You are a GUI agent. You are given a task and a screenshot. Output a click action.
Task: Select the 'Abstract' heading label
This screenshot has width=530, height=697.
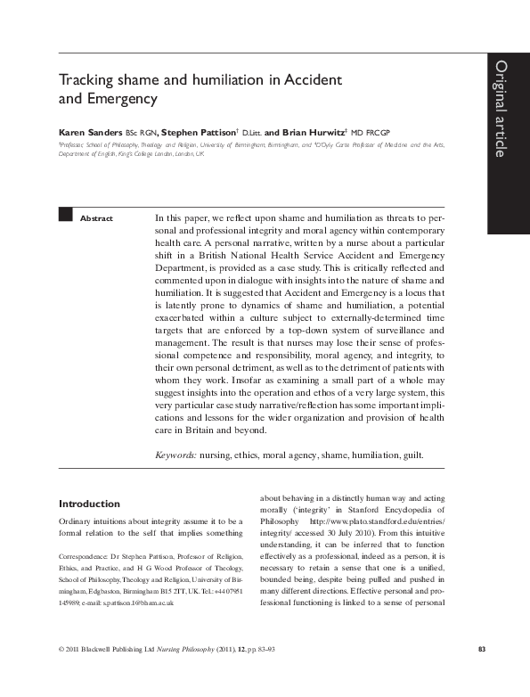96,218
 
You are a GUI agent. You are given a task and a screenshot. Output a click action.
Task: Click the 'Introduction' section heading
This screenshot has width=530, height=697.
89,504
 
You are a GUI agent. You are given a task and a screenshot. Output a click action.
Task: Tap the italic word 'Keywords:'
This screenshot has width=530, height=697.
175,455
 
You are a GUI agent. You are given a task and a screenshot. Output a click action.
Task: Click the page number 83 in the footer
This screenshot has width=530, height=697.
481,673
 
